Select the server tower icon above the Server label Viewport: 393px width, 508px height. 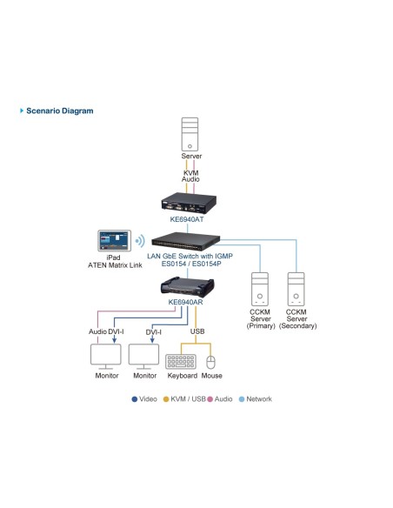click(x=191, y=137)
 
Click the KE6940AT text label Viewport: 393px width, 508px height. click(x=191, y=221)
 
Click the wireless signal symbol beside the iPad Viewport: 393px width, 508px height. click(x=138, y=239)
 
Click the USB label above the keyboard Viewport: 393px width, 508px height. click(x=197, y=331)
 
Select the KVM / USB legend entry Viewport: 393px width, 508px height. click(x=186, y=399)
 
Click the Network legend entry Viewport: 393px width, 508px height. click(x=256, y=399)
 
